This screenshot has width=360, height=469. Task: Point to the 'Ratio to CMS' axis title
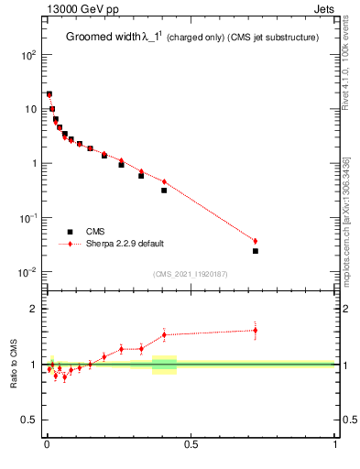coord(15,365)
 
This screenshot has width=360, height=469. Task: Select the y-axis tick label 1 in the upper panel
coord(33,164)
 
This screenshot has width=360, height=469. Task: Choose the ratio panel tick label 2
coord(33,309)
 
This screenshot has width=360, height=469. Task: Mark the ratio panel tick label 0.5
coord(29,420)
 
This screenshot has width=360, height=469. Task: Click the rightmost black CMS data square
coord(256,251)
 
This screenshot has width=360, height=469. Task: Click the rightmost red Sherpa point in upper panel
coord(256,241)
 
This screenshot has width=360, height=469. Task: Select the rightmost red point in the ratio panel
coord(256,331)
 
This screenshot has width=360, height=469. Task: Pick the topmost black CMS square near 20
coord(49,93)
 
